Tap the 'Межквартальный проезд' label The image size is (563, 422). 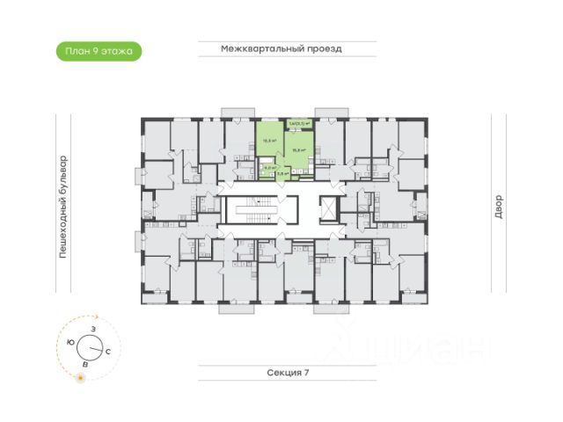(281, 49)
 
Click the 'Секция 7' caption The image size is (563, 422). (289, 373)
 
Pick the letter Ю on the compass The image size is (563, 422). (70, 341)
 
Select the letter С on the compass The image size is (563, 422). (107, 352)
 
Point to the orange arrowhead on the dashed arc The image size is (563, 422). (99, 320)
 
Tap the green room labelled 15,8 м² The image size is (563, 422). (297, 148)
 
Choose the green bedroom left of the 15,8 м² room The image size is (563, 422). (267, 139)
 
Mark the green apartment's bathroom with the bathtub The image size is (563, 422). (269, 167)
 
